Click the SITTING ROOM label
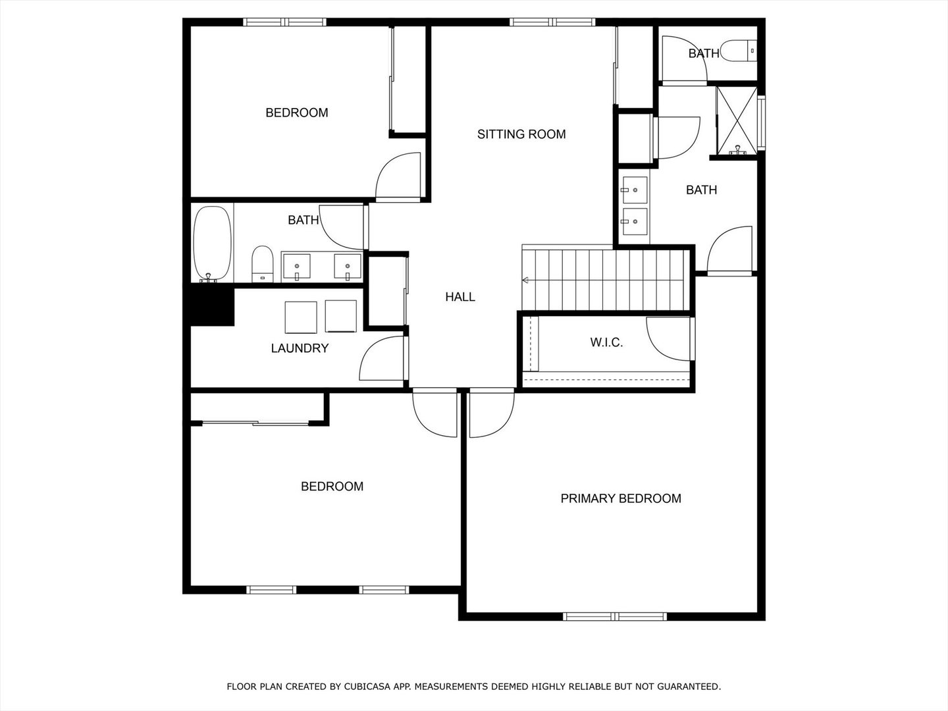pyautogui.click(x=521, y=134)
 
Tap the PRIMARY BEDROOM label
pyautogui.click(x=620, y=498)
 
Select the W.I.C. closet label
pyautogui.click(x=606, y=342)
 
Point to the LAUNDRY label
pyautogui.click(x=300, y=348)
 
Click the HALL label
pyautogui.click(x=460, y=297)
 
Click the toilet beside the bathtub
pyautogui.click(x=263, y=264)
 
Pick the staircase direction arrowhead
pyautogui.click(x=525, y=280)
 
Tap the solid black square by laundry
pyautogui.click(x=212, y=307)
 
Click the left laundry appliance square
pyautogui.click(x=302, y=317)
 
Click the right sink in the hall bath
pyautogui.click(x=348, y=267)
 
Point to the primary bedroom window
pyautogui.click(x=614, y=616)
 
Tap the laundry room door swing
pyautogui.click(x=382, y=358)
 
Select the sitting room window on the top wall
pyautogui.click(x=553, y=22)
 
